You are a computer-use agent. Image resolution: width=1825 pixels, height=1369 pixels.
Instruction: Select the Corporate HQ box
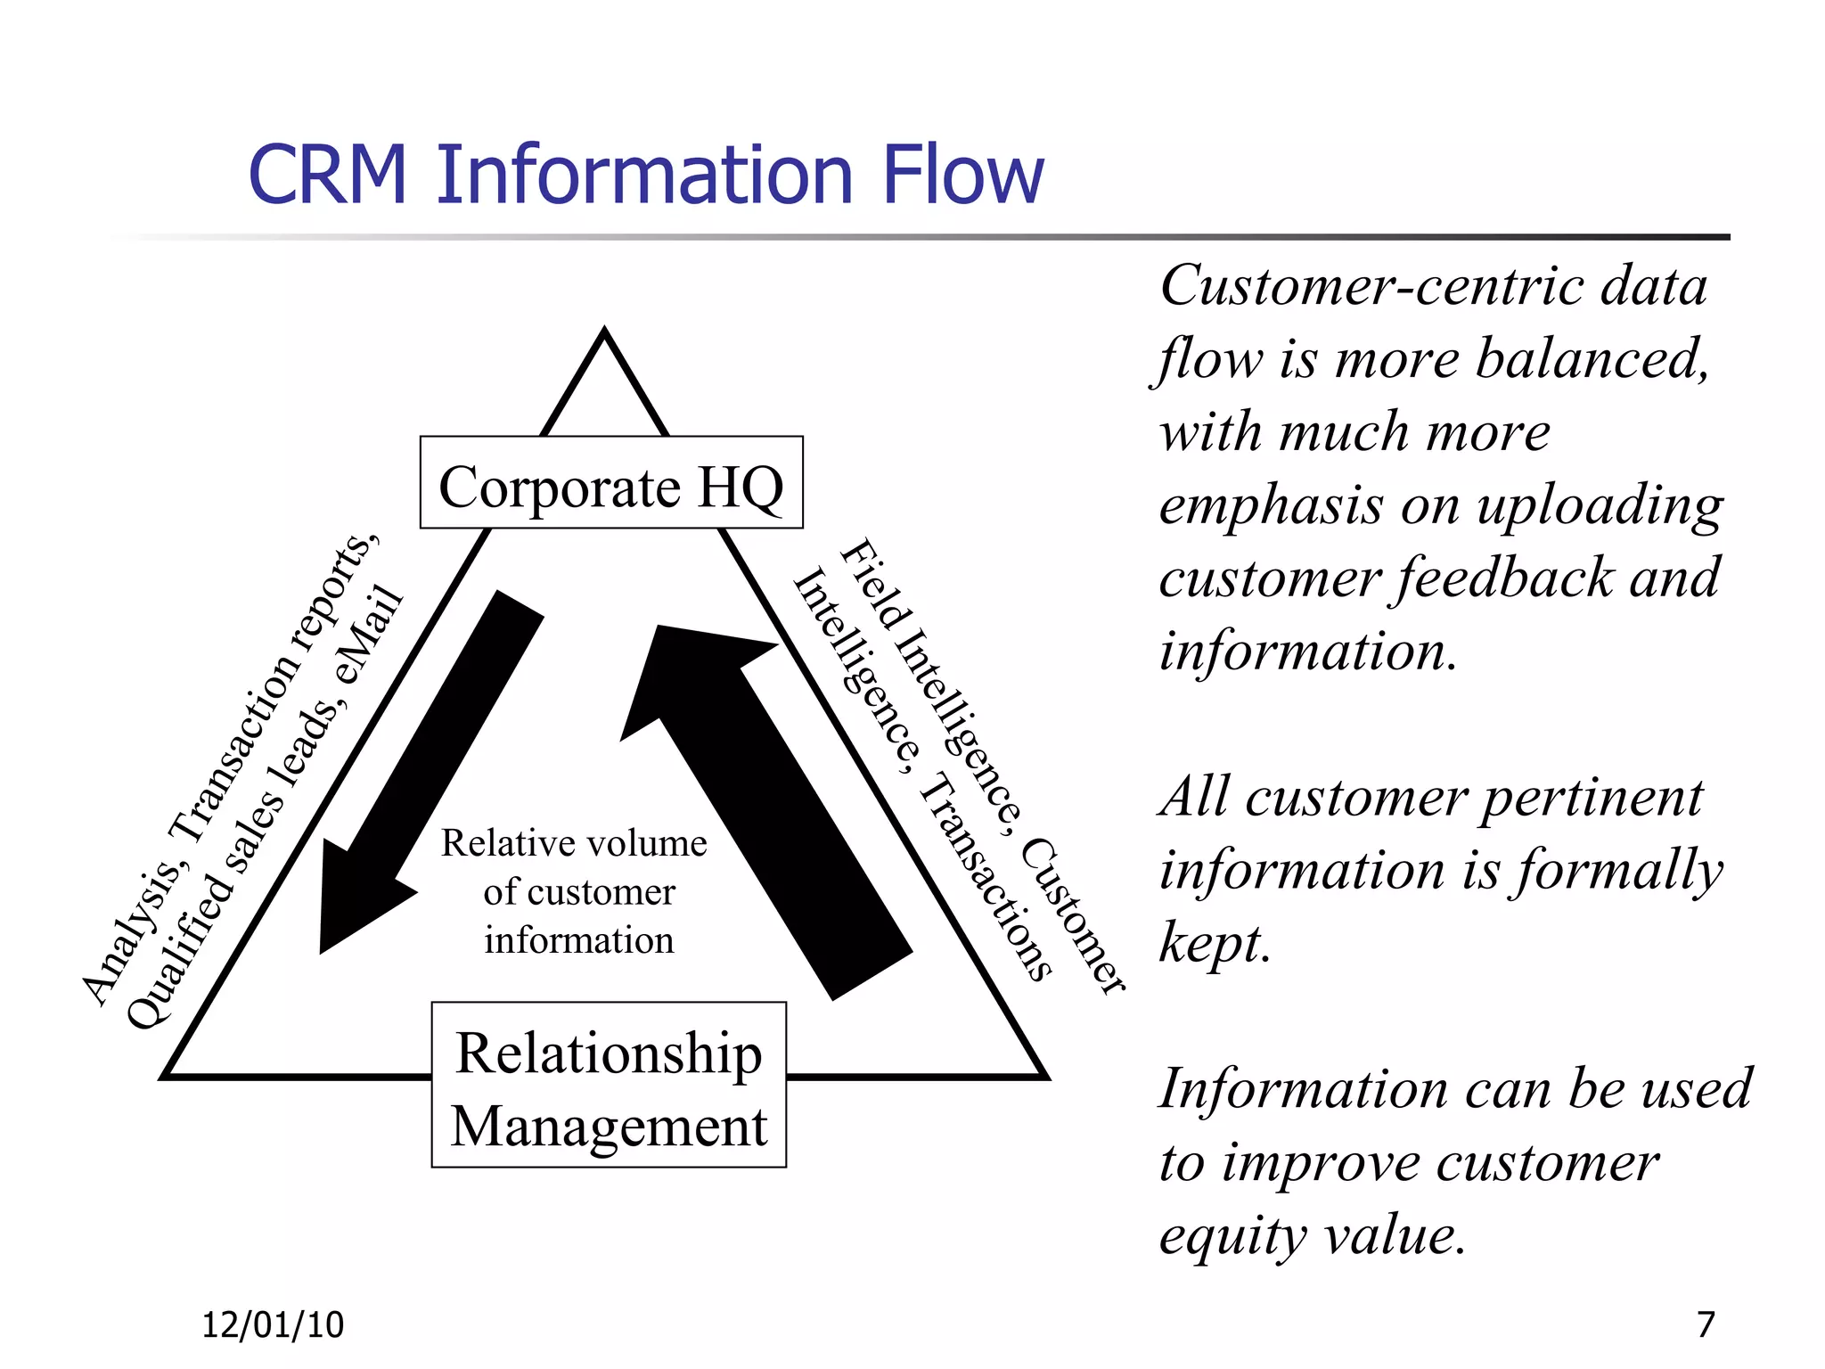(611, 483)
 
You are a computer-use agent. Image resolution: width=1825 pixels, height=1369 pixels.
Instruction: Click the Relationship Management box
(609, 1085)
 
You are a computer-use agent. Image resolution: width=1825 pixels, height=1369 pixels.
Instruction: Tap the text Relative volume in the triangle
(574, 843)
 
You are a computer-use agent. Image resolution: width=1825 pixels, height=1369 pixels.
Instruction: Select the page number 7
(1706, 1324)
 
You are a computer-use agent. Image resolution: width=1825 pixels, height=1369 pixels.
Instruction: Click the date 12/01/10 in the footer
(273, 1325)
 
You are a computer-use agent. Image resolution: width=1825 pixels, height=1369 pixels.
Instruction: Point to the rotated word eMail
(368, 635)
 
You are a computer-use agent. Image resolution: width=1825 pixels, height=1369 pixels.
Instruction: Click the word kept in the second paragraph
(1214, 944)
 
